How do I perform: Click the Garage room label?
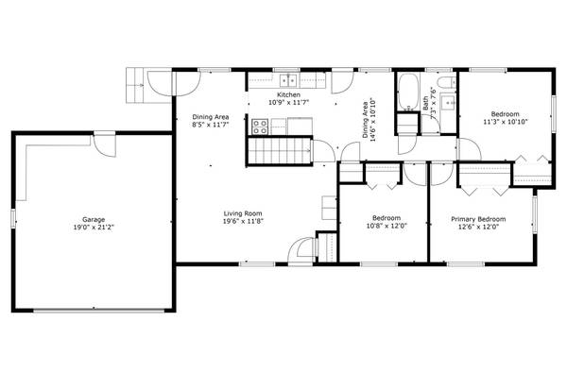click(x=93, y=218)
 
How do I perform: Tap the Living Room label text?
click(x=243, y=212)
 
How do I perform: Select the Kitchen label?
click(x=289, y=96)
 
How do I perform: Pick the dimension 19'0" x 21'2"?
click(x=93, y=228)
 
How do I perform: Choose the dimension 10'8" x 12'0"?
click(x=386, y=228)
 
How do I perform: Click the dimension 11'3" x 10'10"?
click(x=505, y=121)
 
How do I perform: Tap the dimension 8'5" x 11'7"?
click(x=211, y=124)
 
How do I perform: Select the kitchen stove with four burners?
click(x=260, y=124)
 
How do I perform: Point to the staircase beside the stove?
click(x=280, y=150)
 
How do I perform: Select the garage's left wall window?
click(x=13, y=218)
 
